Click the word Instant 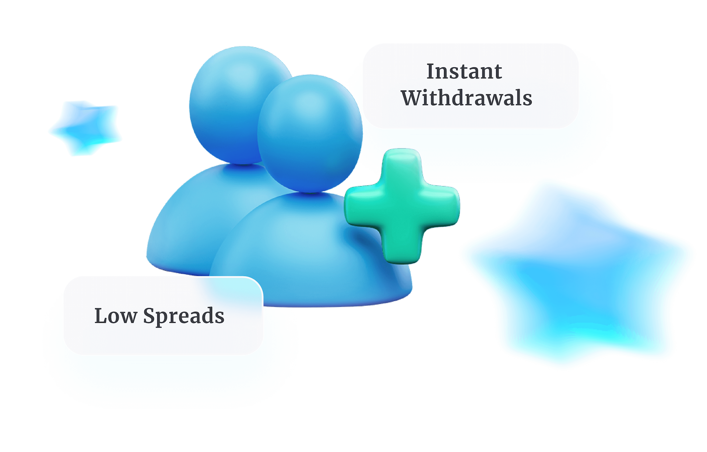464,71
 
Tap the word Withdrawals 467,98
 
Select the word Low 115,316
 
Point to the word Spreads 183,317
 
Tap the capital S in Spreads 150,316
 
